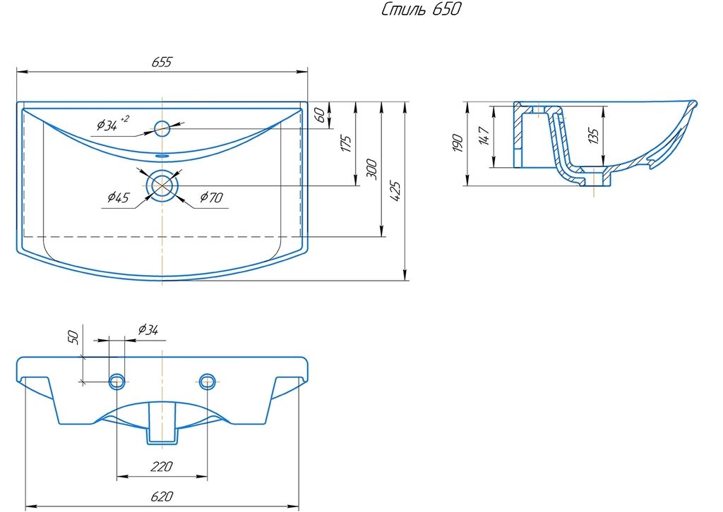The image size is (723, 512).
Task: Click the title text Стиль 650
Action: coord(421,9)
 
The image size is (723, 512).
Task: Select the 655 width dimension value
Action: coord(162,61)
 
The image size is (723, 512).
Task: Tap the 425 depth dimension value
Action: coord(395,192)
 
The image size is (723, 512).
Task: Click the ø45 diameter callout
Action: coord(119,197)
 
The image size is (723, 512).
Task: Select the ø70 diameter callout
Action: coord(212,197)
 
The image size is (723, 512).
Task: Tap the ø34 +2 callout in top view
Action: coord(112,123)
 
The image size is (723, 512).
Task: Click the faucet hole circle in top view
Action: coord(162,128)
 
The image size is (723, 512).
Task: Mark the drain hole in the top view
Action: coord(162,185)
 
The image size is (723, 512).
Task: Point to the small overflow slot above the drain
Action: coord(162,156)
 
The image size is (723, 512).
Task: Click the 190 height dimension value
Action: coord(458,144)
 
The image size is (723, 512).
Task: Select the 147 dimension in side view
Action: coord(484,137)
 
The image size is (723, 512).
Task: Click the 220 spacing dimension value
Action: coord(162,466)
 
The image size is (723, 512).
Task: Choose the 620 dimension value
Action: coord(162,496)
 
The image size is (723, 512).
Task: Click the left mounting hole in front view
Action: coord(116,382)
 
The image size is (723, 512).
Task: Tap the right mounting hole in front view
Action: coord(208,382)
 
